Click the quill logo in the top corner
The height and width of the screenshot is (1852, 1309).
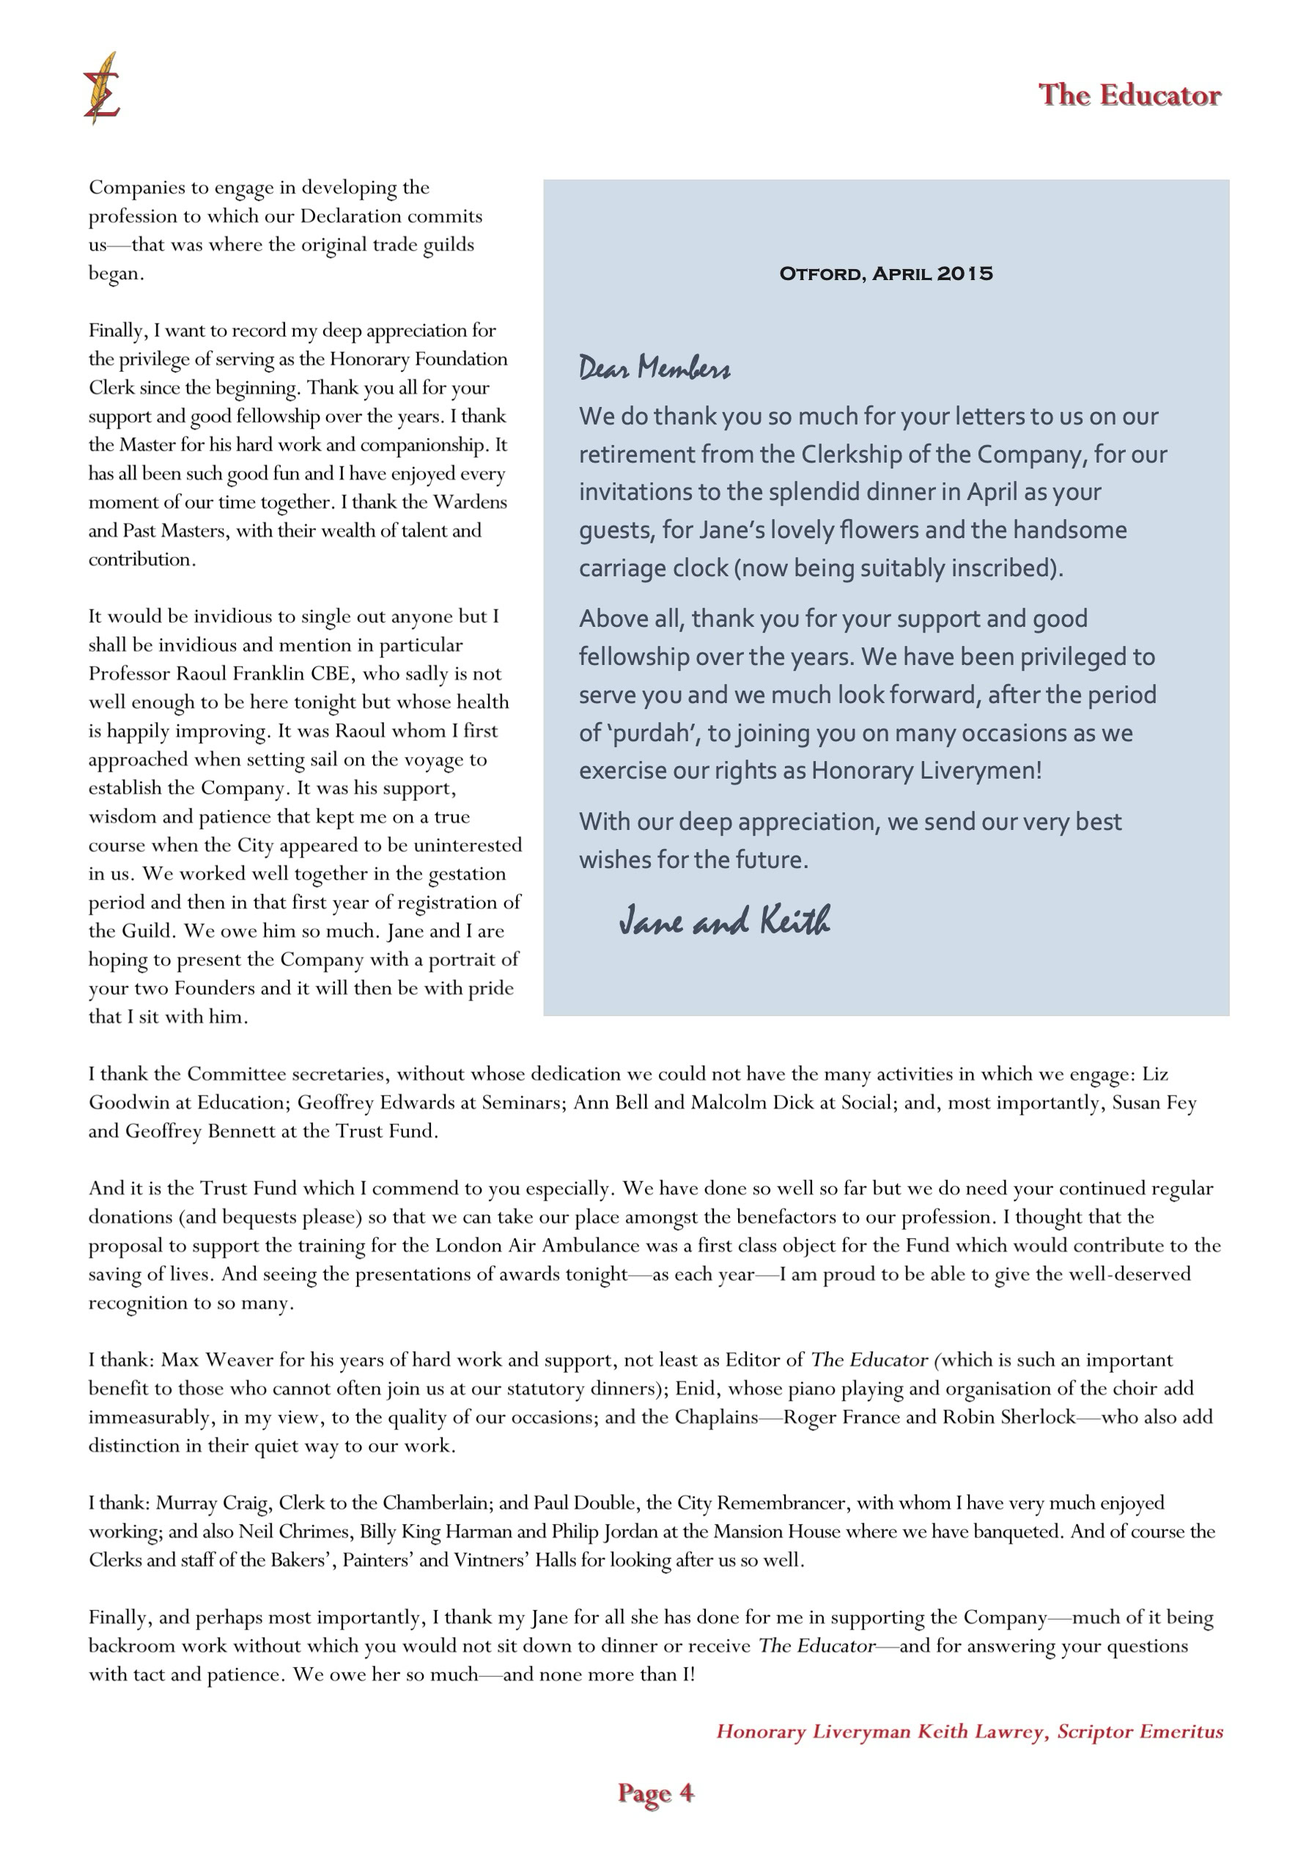click(102, 88)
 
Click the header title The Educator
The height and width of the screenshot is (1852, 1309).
click(1129, 95)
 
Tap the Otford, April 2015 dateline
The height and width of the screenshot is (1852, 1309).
click(885, 273)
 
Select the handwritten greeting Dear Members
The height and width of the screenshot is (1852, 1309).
click(654, 369)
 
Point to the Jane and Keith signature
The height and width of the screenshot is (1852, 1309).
click(724, 920)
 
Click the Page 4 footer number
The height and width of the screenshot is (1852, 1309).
click(655, 1793)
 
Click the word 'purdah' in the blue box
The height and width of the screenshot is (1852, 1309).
click(651, 733)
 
